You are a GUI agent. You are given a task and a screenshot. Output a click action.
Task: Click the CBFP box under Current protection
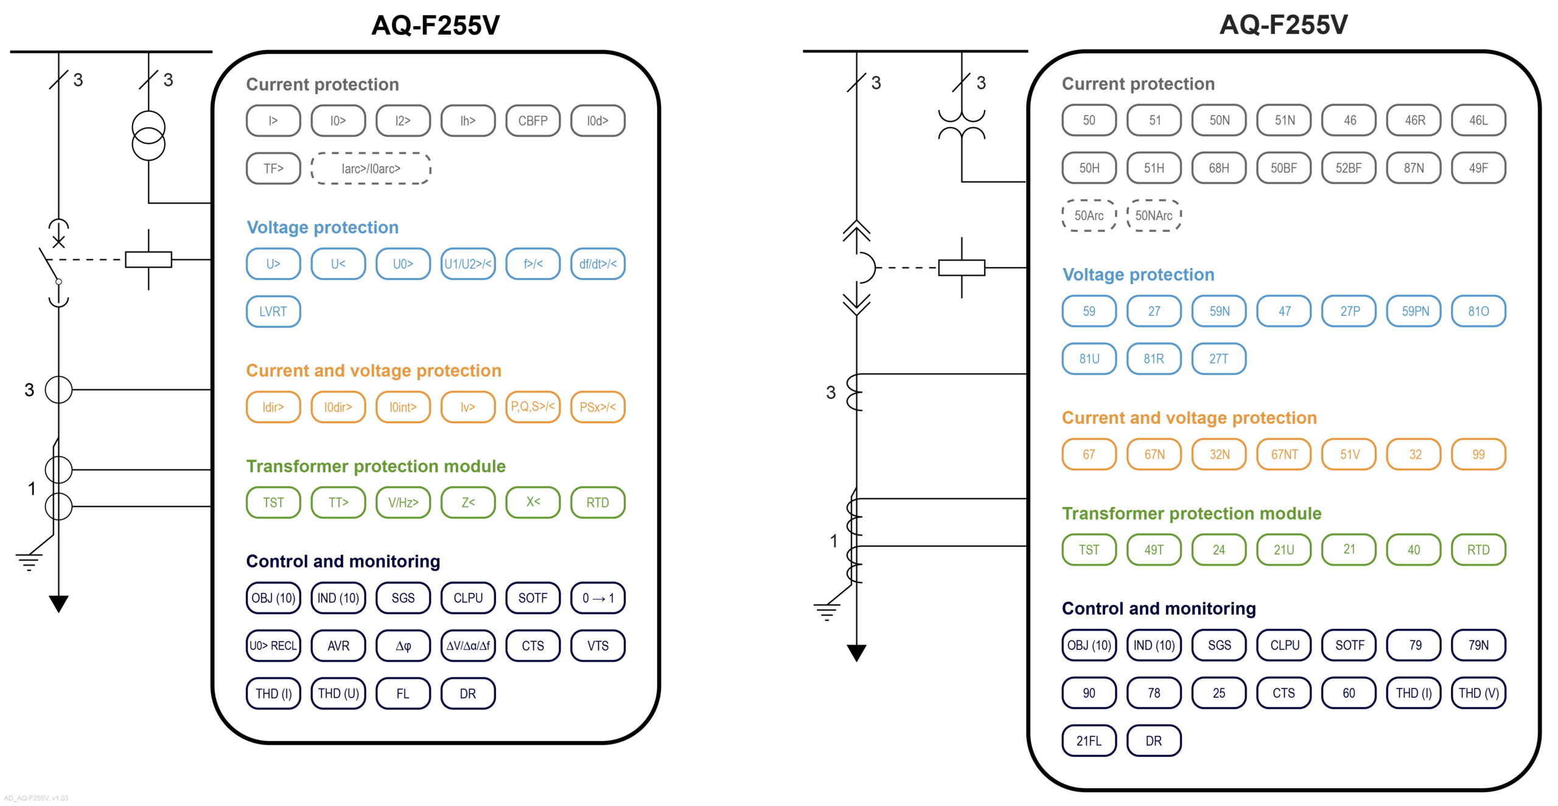coord(533,121)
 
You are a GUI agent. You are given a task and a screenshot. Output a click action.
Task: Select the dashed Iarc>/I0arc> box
coord(371,169)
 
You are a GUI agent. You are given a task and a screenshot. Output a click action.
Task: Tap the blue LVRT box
coord(273,312)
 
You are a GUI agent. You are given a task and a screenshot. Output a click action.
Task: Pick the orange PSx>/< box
coord(598,407)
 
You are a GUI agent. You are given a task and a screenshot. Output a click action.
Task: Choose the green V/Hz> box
coord(403,502)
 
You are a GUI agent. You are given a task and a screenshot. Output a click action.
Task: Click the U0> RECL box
coord(273,646)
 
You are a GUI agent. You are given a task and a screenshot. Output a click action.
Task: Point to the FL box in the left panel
coord(403,693)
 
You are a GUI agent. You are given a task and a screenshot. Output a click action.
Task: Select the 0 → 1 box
coord(598,598)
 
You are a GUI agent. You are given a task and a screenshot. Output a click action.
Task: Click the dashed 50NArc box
coord(1153,216)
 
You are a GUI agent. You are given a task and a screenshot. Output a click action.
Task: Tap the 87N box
coord(1413,168)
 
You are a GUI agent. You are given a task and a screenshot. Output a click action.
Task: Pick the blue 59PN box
coord(1415,311)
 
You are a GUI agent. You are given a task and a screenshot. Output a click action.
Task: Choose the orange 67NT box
coord(1284,454)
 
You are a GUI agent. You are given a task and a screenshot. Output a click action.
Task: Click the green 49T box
coord(1154,550)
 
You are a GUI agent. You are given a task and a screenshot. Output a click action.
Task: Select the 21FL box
coord(1089,741)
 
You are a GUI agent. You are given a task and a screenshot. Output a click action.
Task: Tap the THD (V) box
coord(1478,693)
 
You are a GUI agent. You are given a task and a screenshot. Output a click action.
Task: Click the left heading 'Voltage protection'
coord(323,227)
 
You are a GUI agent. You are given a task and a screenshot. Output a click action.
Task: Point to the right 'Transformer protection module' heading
coord(1192,513)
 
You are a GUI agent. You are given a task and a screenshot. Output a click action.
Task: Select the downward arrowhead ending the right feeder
coord(856,653)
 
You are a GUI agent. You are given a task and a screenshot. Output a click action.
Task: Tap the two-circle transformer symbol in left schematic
coord(148,136)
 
